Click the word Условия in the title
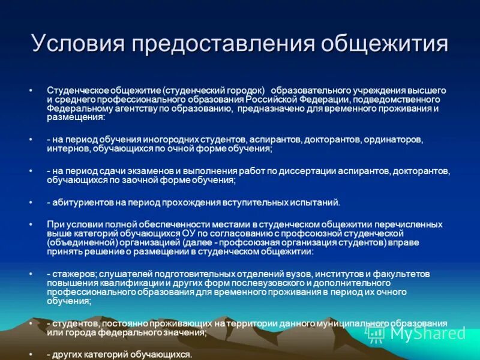(x=77, y=44)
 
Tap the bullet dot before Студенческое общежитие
(x=30, y=90)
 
